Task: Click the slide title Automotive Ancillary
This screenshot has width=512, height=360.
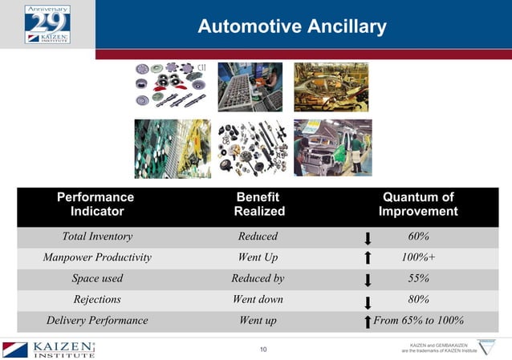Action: [x=292, y=27]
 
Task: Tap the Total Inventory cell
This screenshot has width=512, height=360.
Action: [x=97, y=237]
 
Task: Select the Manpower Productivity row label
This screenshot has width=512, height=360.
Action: [x=97, y=257]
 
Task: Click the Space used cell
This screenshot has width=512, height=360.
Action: [x=97, y=278]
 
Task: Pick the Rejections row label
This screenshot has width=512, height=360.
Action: [x=97, y=299]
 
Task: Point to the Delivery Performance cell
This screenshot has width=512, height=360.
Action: [x=97, y=320]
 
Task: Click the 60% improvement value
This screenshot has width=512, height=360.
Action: [x=417, y=237]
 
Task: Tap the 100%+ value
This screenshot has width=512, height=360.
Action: [x=418, y=257]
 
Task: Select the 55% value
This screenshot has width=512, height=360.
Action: [x=417, y=278]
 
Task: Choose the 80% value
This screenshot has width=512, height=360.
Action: [x=417, y=299]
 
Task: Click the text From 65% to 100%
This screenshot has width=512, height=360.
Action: [x=418, y=320]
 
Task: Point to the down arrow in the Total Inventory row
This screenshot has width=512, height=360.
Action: [x=367, y=238]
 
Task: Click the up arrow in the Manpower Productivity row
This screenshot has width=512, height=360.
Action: [x=367, y=258]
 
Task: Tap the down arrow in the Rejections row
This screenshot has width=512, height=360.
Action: [x=367, y=301]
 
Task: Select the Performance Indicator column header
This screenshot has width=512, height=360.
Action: [x=96, y=204]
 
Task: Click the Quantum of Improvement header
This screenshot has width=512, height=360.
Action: [x=418, y=204]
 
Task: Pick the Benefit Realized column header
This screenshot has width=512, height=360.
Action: [x=258, y=204]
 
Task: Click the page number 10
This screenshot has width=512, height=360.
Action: [x=264, y=350]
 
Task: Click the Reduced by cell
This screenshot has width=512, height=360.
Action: [x=258, y=278]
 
